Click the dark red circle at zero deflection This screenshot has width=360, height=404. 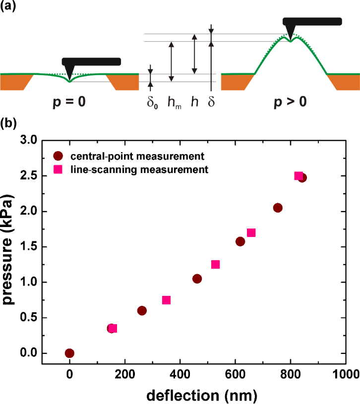coord(69,353)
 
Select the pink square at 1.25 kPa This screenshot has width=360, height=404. coord(215,264)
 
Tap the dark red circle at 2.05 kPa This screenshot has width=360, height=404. coord(278,208)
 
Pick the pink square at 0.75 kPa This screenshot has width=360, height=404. coord(166,300)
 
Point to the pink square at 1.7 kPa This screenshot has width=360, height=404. coord(251,232)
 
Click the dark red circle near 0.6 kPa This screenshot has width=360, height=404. coord(142,310)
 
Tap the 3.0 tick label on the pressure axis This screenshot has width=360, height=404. coord(42,141)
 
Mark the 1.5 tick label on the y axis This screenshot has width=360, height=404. coord(42,246)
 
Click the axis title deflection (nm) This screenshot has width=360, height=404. coord(203,394)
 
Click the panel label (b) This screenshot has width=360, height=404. coord(8,122)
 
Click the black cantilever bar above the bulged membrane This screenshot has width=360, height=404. coord(312,21)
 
